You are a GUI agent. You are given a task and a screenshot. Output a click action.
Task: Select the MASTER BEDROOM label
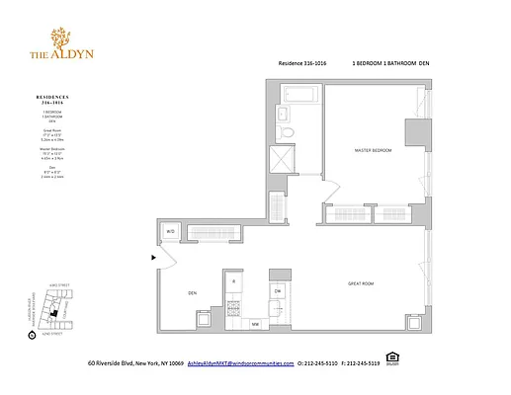tap(373, 150)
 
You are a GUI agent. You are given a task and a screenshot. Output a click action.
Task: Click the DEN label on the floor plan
tap(194, 293)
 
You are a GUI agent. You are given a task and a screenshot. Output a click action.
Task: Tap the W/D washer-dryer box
tap(170, 232)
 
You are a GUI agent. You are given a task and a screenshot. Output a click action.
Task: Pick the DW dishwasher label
tap(278, 290)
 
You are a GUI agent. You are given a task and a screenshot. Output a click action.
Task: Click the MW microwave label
tap(254, 323)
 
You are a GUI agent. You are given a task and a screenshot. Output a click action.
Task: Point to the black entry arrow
tap(152, 259)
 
